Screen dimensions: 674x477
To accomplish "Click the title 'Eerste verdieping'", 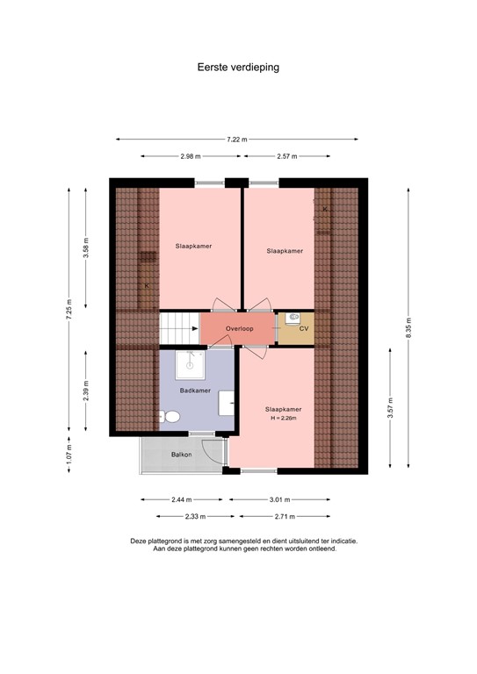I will coord(238,66).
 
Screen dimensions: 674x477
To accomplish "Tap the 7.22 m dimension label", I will coord(236,140).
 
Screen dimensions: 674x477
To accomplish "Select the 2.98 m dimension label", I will coord(192,156).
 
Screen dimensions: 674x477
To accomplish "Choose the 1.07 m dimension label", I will coord(69,454).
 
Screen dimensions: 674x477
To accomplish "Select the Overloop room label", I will coord(238,329).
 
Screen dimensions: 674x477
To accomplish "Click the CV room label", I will coord(304,329).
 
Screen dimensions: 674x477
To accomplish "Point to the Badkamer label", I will coord(193,390).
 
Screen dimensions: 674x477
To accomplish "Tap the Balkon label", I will coord(182,455).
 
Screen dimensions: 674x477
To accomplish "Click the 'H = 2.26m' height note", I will coord(283,419).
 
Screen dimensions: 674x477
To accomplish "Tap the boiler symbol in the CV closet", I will coord(293,319).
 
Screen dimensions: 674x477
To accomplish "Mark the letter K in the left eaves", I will coord(147,286).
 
